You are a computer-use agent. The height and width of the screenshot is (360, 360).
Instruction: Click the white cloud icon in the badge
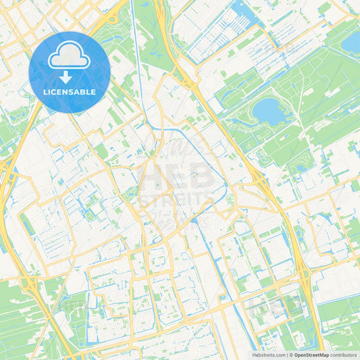coord(69,56)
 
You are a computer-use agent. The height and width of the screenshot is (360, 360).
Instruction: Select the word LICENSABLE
coord(69,92)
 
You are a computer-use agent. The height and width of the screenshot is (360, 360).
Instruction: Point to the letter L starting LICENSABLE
coord(45,92)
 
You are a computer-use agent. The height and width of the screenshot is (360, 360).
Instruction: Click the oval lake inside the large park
coord(269,111)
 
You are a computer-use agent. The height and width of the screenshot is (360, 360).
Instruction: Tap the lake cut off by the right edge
coord(352,43)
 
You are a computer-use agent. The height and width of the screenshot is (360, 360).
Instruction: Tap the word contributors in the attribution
coord(344,354)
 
